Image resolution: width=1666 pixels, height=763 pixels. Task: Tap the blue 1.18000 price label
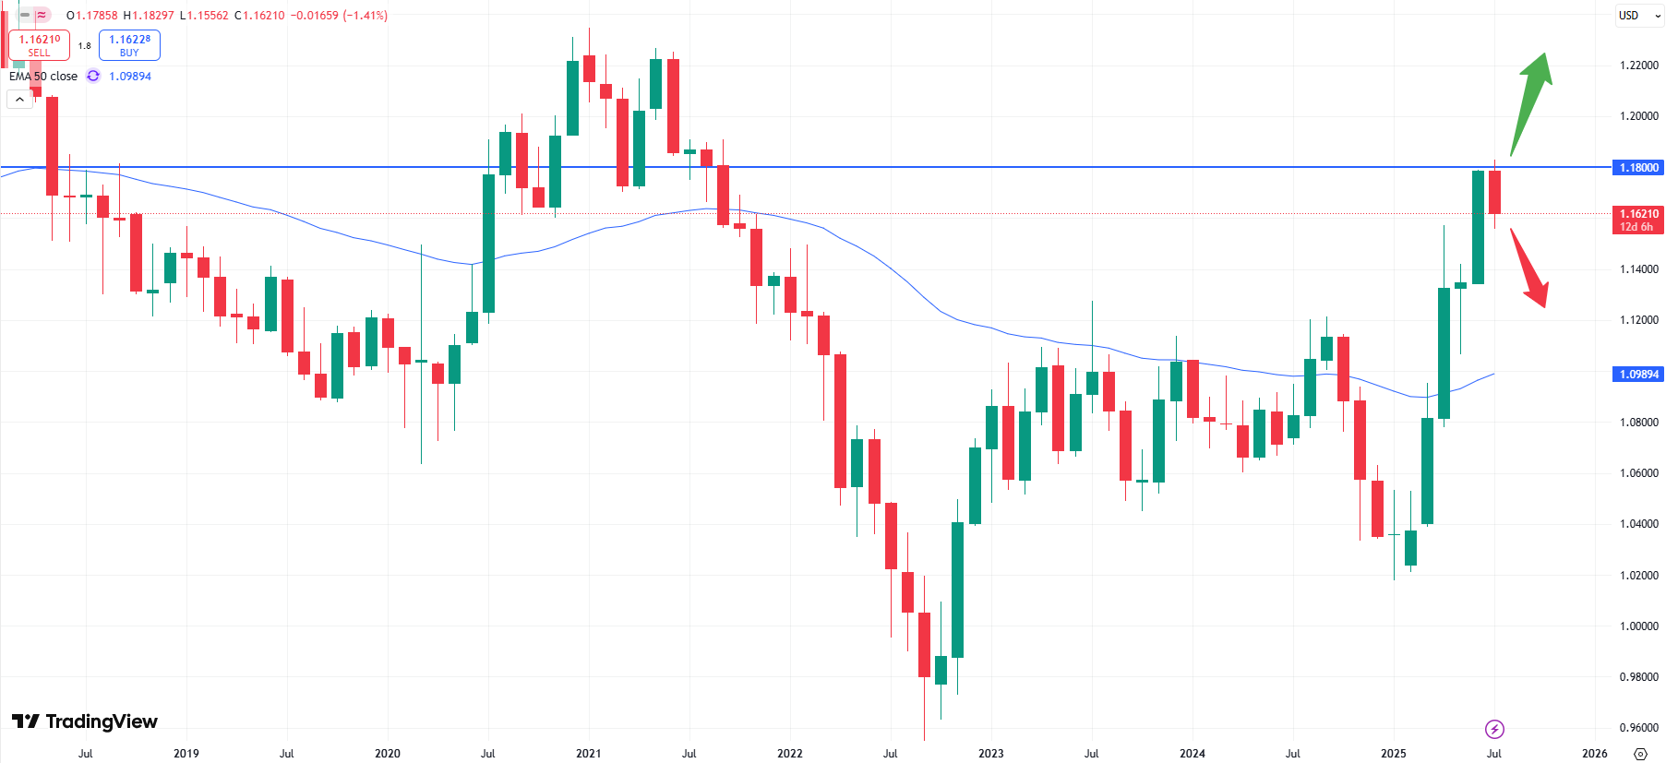1638,168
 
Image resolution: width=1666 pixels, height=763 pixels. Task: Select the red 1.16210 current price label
1638,220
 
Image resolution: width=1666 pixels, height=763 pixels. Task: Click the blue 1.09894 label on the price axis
1638,375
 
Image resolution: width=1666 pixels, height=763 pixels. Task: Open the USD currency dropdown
1638,16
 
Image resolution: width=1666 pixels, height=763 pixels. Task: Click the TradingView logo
85,721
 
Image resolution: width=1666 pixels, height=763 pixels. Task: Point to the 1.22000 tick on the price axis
1638,66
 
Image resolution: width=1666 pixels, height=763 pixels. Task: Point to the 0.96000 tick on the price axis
1638,728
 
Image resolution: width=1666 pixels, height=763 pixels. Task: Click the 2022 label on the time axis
789,754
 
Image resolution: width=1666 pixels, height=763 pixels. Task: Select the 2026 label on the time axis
1594,754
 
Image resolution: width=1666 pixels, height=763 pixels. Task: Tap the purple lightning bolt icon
1494,730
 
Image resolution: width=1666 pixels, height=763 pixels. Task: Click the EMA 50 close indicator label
43,77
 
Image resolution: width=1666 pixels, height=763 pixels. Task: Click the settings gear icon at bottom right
1640,754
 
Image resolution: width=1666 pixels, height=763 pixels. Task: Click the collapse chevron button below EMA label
19,99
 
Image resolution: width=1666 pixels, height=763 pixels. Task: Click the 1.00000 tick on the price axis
1638,626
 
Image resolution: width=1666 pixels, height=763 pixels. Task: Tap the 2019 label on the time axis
186,754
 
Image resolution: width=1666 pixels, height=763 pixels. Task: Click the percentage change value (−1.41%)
365,16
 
